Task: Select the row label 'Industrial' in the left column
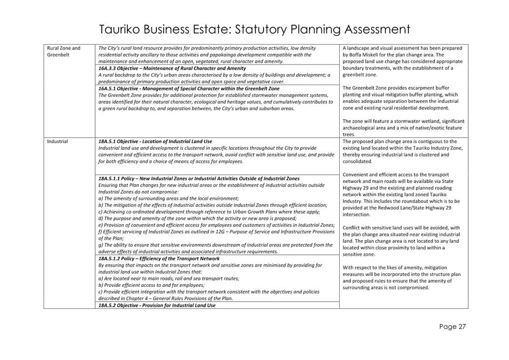pos(57,141)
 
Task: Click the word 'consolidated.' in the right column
pos(358,161)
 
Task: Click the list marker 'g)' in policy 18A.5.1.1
pos(100,245)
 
